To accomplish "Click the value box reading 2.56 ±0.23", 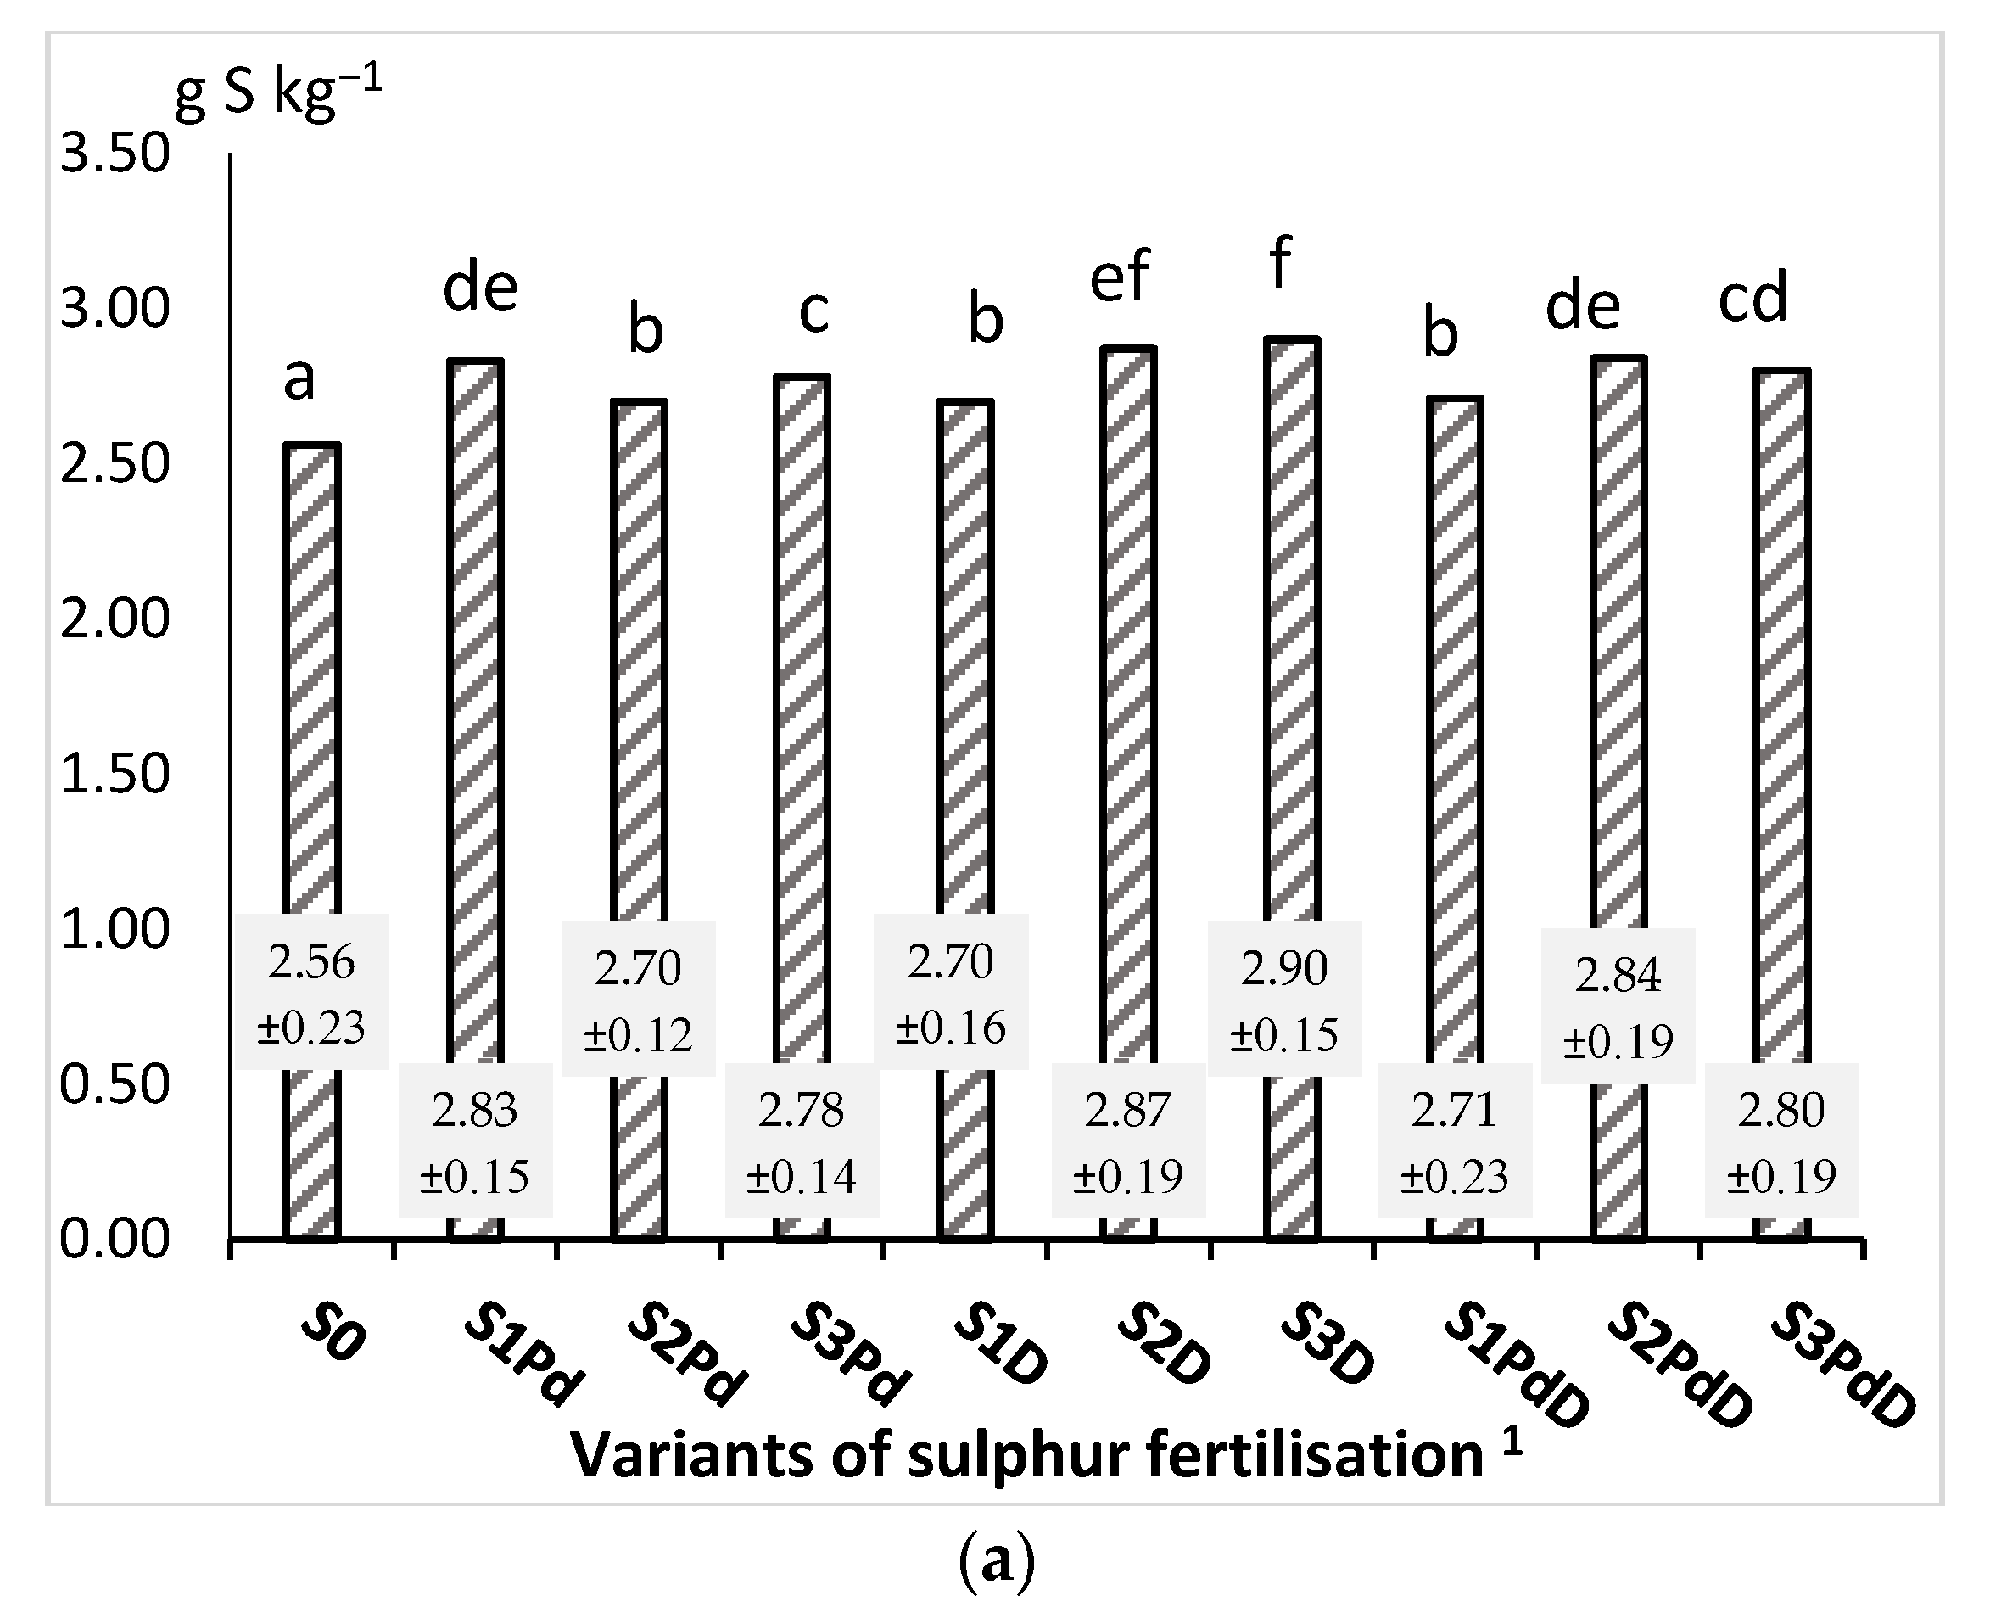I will click(x=311, y=993).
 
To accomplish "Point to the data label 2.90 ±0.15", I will click(x=1284, y=1000).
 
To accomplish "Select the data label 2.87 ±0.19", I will click(x=1128, y=1140).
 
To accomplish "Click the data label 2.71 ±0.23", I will click(x=1454, y=1140).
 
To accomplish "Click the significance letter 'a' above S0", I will click(x=299, y=380).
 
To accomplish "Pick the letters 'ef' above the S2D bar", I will click(x=1120, y=277).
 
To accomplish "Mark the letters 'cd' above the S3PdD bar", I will click(x=1752, y=298).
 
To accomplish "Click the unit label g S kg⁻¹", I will click(x=279, y=93).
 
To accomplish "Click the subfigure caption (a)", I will click(x=997, y=1561).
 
